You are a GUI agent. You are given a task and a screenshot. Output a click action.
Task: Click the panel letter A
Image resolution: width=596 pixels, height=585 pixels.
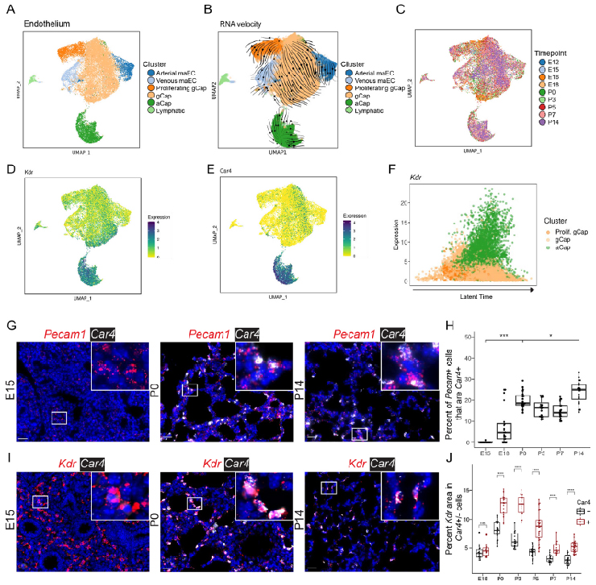(x=9, y=9)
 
